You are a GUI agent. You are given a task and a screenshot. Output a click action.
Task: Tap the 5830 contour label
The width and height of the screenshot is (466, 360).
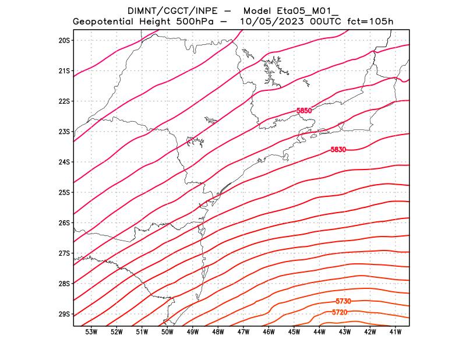point(338,150)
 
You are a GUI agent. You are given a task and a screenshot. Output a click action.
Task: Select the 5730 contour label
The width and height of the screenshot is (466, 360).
point(343,301)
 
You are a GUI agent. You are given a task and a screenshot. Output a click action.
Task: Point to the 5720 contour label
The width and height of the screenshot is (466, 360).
point(340,313)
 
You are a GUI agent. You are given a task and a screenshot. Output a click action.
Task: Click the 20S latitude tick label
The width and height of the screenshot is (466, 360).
point(64,40)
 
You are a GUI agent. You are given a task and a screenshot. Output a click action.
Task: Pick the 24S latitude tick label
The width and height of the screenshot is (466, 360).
point(64,162)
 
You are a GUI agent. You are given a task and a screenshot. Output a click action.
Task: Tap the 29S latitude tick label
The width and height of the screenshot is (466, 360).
point(64,314)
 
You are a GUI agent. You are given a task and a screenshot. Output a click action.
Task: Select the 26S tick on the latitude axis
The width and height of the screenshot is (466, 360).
point(64,223)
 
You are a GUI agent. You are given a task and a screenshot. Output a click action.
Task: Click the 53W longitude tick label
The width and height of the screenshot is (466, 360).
point(91,332)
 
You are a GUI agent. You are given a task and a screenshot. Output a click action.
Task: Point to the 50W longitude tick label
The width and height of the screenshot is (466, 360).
point(167,332)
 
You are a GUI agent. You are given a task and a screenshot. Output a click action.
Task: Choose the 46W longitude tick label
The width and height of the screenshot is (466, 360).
point(269,332)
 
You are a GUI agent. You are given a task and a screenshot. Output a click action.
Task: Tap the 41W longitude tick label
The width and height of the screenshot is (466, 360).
point(396,332)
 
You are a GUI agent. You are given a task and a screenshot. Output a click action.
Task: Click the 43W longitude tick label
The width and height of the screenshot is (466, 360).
point(345,332)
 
